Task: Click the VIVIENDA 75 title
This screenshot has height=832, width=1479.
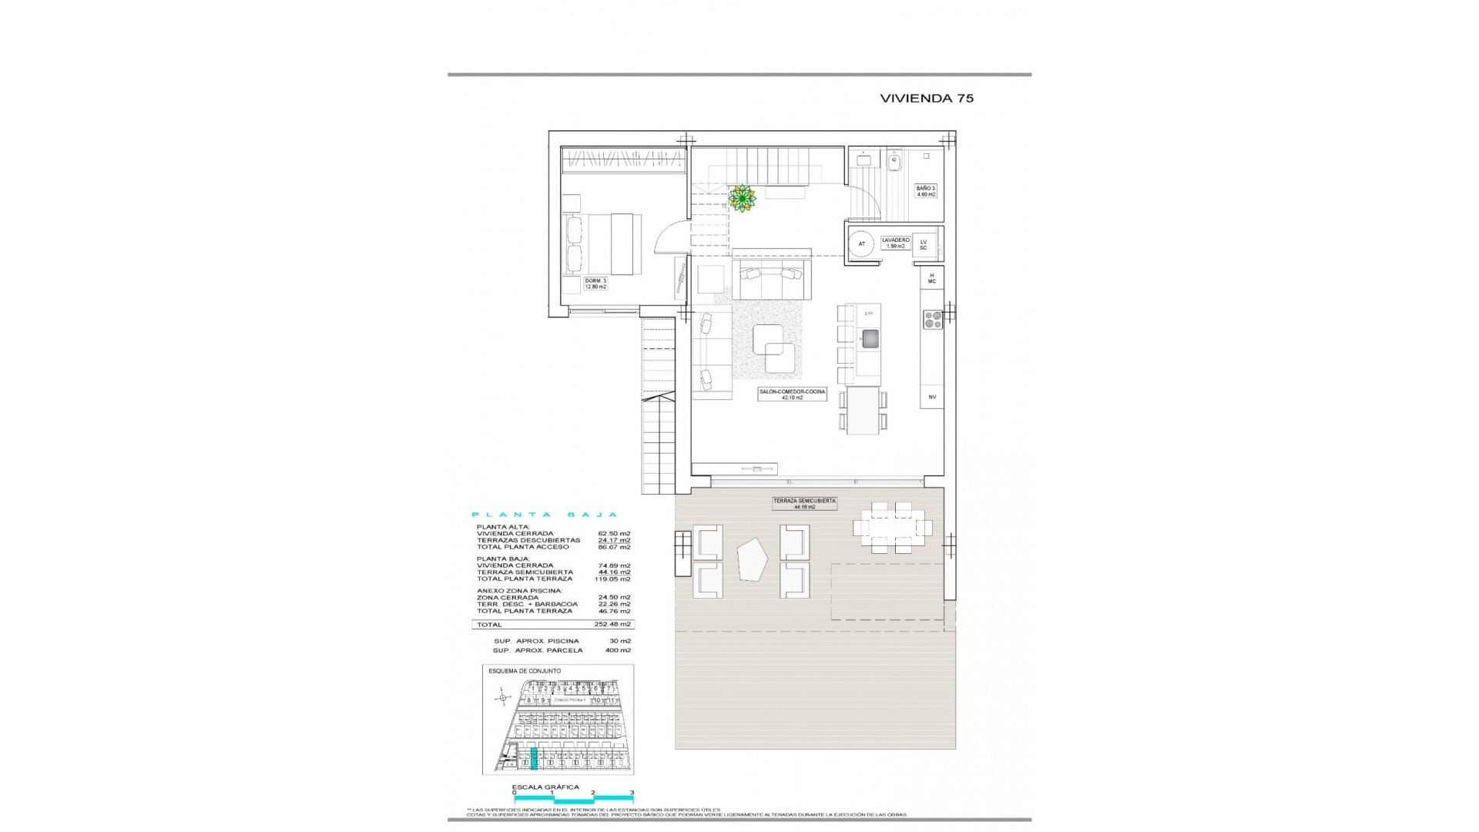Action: (x=927, y=99)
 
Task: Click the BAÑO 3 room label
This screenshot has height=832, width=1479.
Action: (x=925, y=191)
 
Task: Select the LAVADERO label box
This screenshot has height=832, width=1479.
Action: (x=895, y=243)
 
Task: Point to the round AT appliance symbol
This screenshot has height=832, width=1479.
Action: (x=861, y=244)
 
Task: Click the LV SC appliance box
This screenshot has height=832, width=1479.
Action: (x=923, y=244)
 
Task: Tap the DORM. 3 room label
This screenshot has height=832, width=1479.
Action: (x=595, y=283)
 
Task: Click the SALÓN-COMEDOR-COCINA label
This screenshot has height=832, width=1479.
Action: (x=792, y=394)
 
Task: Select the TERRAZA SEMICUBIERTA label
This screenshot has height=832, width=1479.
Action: (x=804, y=503)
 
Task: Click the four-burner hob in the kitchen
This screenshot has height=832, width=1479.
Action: (x=932, y=319)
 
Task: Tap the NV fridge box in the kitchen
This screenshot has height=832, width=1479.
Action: (x=931, y=397)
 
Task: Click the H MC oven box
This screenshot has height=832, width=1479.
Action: (x=931, y=278)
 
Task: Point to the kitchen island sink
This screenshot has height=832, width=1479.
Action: (x=870, y=338)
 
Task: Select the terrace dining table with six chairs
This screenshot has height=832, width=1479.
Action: (x=892, y=528)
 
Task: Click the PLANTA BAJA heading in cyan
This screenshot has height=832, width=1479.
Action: (x=544, y=515)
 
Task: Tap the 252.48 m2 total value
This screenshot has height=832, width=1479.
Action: (x=614, y=625)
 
